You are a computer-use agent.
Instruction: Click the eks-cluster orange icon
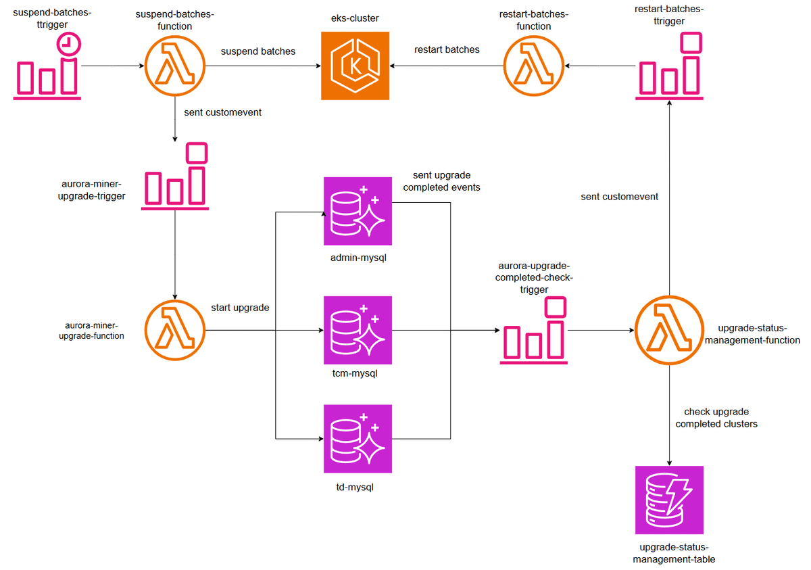[x=355, y=66]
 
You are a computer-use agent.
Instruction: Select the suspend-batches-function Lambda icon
[x=175, y=66]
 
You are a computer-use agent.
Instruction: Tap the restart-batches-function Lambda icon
[x=533, y=66]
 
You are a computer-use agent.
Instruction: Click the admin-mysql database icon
[x=358, y=211]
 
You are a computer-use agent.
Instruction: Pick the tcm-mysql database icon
[x=358, y=330]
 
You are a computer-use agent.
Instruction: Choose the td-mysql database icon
[x=358, y=439]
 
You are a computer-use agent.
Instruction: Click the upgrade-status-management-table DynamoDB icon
[x=669, y=500]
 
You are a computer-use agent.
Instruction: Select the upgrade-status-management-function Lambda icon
[x=669, y=331]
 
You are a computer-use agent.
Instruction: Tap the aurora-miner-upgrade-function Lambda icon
[x=175, y=331]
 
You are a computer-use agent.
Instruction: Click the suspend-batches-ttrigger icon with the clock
[x=47, y=68]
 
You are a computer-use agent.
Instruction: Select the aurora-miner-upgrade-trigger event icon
[x=175, y=176]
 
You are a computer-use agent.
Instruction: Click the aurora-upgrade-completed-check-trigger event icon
[x=533, y=331]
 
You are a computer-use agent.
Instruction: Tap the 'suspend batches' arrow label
[x=258, y=51]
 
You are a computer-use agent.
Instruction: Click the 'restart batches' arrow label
[x=447, y=49]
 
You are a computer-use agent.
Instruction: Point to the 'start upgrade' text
[x=240, y=308]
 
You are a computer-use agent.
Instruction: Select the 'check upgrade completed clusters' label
[x=716, y=418]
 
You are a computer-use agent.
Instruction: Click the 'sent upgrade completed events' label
[x=441, y=181]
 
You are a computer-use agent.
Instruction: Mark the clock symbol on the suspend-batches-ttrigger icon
[x=68, y=44]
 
